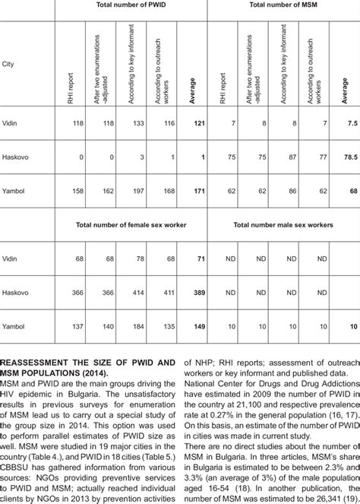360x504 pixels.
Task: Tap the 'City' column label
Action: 10,64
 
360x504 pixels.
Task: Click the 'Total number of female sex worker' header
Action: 134,226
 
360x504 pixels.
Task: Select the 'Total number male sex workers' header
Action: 288,226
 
